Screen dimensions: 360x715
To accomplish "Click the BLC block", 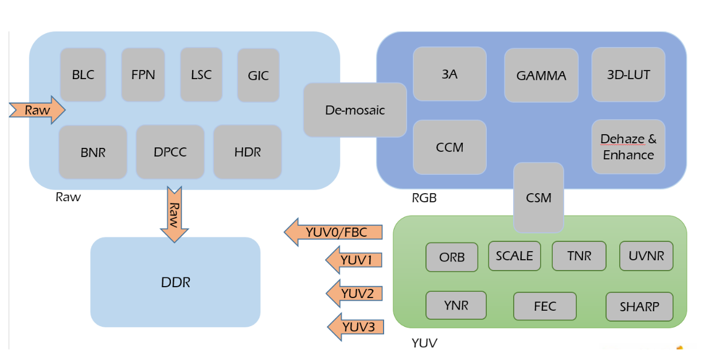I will [x=83, y=75].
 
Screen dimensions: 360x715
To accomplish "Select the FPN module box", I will [x=143, y=75].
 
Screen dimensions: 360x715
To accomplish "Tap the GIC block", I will [x=258, y=75].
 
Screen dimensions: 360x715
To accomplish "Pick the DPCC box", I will [x=170, y=152].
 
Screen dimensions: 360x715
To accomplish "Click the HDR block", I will [x=248, y=152].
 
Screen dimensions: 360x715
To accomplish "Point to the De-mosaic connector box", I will [x=355, y=110].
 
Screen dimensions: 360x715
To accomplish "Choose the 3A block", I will [x=450, y=74].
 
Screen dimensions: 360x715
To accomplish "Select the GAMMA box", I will [x=541, y=75].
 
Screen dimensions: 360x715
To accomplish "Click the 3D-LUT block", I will [x=628, y=75].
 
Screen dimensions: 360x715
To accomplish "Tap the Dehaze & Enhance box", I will [x=628, y=147].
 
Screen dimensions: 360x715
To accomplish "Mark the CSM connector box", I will [x=538, y=197].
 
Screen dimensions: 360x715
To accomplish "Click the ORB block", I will [x=452, y=257].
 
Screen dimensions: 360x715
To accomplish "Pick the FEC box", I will [x=545, y=306].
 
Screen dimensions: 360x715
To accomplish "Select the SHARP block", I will [x=639, y=307].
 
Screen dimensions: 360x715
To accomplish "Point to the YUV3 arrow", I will [x=355, y=327].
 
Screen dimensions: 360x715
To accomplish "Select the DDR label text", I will [x=175, y=282].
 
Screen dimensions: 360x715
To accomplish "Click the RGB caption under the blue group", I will [x=424, y=198].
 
